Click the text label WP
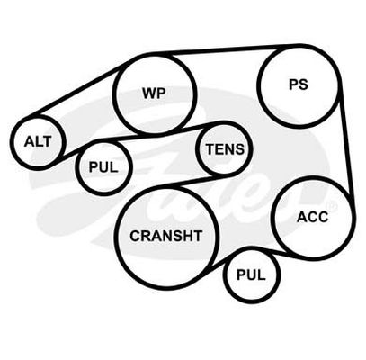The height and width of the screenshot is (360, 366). (154, 94)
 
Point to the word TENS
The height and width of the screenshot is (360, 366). (225, 149)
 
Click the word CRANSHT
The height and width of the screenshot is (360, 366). (165, 236)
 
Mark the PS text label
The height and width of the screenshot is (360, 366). (299, 85)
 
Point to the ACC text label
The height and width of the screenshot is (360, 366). (312, 217)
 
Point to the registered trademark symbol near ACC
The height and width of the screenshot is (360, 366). (333, 206)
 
